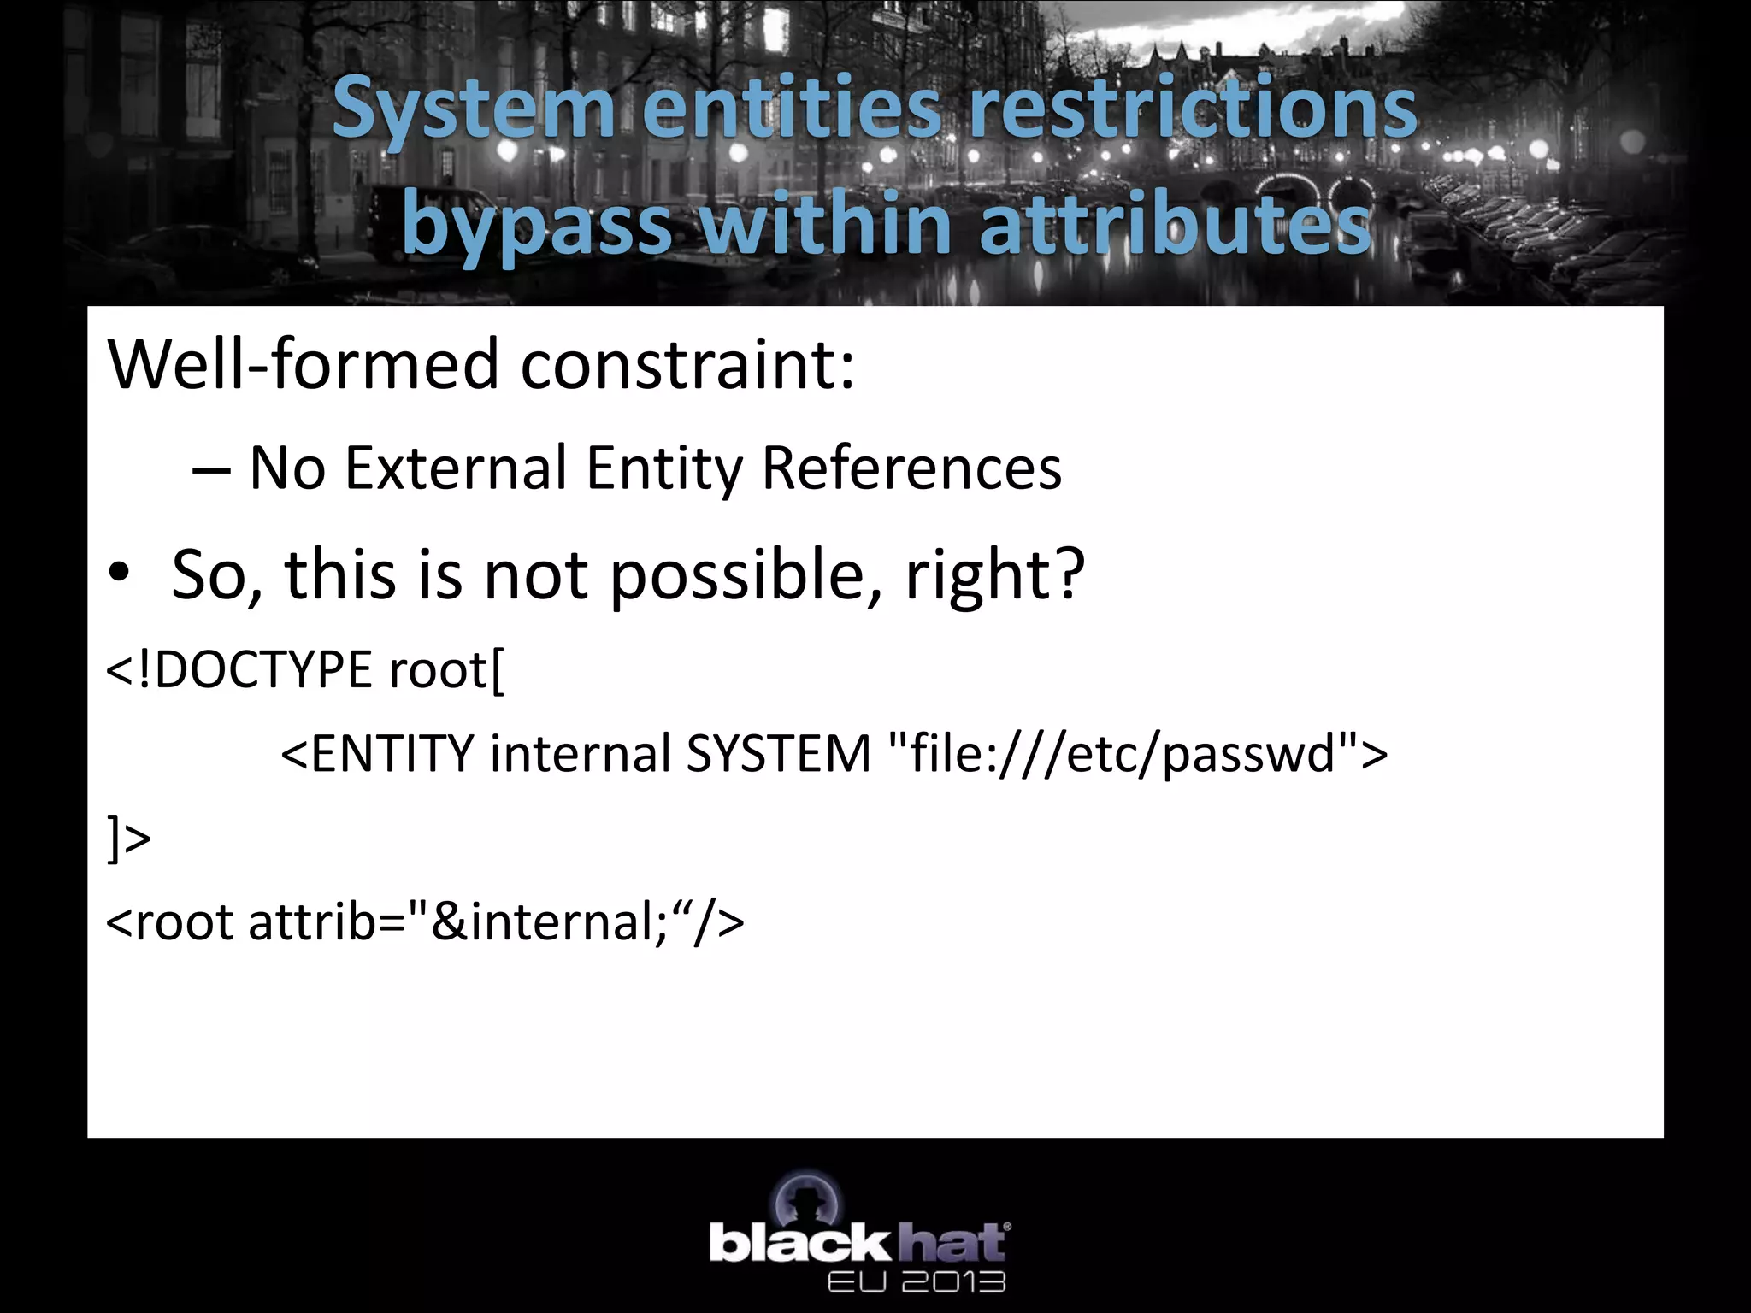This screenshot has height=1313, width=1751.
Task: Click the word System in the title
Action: (x=473, y=109)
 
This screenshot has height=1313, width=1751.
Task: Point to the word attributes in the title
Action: (x=1175, y=224)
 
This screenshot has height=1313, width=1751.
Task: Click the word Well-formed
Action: (x=304, y=364)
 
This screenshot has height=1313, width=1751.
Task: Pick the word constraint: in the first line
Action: (x=687, y=364)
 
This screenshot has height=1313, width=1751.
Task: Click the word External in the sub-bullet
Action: (x=456, y=468)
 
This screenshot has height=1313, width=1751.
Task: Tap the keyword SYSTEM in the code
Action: (x=778, y=754)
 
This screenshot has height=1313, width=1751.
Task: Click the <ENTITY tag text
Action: (x=377, y=754)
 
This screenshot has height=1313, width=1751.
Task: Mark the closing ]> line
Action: (x=128, y=839)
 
